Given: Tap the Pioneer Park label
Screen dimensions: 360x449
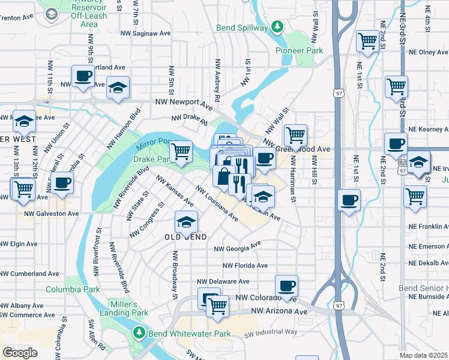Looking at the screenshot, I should point(299,51).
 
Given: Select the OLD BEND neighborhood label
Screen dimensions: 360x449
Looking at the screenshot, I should point(186,237).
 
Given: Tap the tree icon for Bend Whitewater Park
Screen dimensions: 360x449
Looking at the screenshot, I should point(139,332).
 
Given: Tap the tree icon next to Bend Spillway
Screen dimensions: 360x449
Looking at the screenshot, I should point(277,27).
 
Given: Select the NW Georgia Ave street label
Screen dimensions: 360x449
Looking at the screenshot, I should point(238,247).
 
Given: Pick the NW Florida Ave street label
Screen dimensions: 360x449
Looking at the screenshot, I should point(245,265).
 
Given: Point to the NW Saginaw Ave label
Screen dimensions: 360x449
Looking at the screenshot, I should point(146,34).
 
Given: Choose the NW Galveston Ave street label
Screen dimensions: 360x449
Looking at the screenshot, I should point(52,213).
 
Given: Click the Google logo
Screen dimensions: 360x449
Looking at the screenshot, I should point(20,353).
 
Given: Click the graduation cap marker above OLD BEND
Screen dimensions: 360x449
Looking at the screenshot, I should point(186,221).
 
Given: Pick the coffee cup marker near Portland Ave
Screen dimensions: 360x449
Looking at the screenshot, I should point(83,76).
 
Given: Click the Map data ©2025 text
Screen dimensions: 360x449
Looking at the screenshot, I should point(424,355).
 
